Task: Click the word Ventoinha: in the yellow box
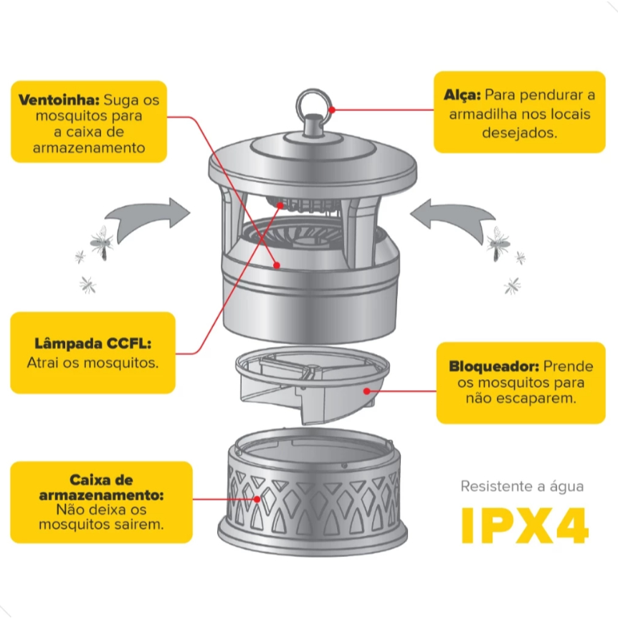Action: tap(59, 100)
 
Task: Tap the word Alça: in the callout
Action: tap(462, 95)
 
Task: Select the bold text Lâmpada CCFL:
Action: tap(93, 343)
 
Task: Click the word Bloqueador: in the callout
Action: tap(494, 366)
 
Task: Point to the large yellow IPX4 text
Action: tap(525, 526)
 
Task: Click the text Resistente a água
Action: tap(522, 487)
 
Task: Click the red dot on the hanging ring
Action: tap(332, 110)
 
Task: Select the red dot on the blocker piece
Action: tap(367, 391)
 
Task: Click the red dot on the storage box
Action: tap(257, 500)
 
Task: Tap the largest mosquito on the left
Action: tap(103, 243)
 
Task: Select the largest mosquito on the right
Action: tap(498, 244)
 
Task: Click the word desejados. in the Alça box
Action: tap(520, 133)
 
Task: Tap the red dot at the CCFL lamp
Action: tap(280, 205)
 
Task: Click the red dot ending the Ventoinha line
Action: tap(277, 265)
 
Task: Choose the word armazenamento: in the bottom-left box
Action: tap(101, 495)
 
